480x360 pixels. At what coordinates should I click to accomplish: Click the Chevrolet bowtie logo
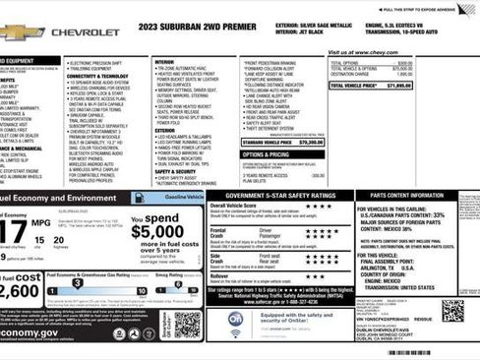pyautogui.click(x=20, y=32)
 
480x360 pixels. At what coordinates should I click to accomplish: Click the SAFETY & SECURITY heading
pyautogui.click(x=176, y=171)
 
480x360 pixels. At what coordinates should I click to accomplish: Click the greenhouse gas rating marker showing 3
pyautogui.click(x=75, y=287)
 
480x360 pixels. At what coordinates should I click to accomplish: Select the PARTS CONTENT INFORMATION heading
pyautogui.click(x=412, y=196)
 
